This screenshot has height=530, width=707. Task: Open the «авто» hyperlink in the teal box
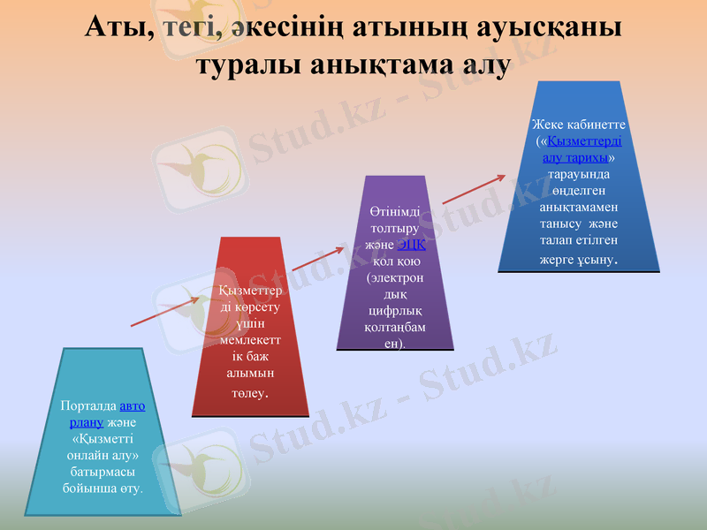click(132, 406)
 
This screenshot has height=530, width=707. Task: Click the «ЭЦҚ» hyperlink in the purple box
click(412, 245)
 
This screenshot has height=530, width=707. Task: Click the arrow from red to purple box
click(316, 259)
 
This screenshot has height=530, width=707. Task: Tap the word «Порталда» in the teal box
click(87, 406)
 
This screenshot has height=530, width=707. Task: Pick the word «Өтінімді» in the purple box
click(395, 213)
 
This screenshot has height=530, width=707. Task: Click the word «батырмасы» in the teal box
click(103, 472)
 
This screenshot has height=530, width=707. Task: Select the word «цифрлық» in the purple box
click(395, 311)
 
